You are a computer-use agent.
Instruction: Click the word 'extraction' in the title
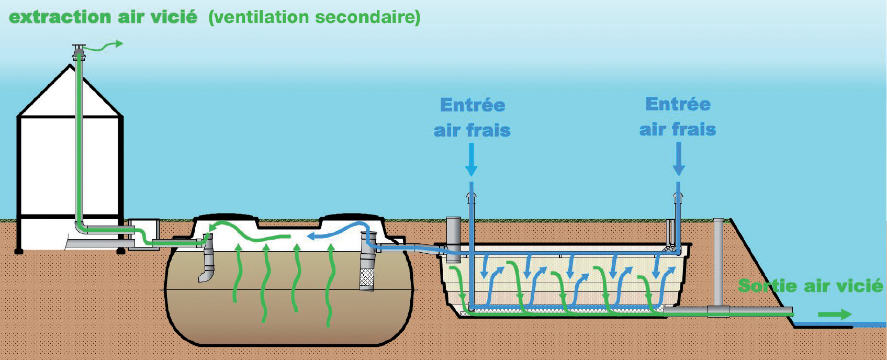61,17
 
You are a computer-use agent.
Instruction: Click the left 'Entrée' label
473,105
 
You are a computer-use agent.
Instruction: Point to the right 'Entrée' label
678,104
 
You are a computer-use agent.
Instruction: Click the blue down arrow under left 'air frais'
471,160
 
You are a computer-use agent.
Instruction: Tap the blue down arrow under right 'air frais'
679,159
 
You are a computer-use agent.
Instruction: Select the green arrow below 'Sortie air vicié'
835,314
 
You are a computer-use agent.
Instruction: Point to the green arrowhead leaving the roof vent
119,44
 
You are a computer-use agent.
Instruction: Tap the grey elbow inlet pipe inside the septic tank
207,264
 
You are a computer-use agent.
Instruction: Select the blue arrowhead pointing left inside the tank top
311,236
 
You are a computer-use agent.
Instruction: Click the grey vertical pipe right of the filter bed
718,262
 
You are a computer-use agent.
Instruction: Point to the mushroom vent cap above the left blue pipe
471,196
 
